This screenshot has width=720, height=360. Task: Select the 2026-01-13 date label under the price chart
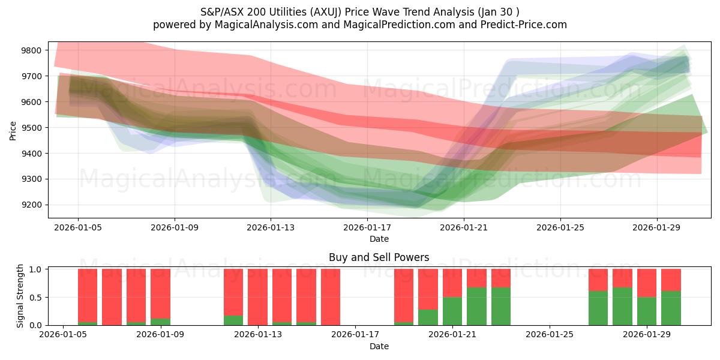[271, 228]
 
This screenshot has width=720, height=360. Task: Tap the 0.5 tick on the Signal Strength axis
[36, 298]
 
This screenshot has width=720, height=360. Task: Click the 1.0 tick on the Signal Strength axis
[36, 269]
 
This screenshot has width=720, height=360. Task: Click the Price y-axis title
[13, 130]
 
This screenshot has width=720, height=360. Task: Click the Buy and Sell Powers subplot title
[379, 257]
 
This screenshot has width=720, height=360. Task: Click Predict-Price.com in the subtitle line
[524, 25]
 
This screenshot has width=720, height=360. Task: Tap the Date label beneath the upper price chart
[379, 239]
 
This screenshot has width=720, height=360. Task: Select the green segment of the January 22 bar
[476, 306]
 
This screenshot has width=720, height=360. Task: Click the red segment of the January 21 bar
[452, 283]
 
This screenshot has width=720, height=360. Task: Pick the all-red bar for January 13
[257, 297]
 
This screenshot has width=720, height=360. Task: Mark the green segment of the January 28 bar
[622, 306]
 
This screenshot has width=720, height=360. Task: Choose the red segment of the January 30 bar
[671, 280]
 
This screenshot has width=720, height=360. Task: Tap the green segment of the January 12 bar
[233, 320]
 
